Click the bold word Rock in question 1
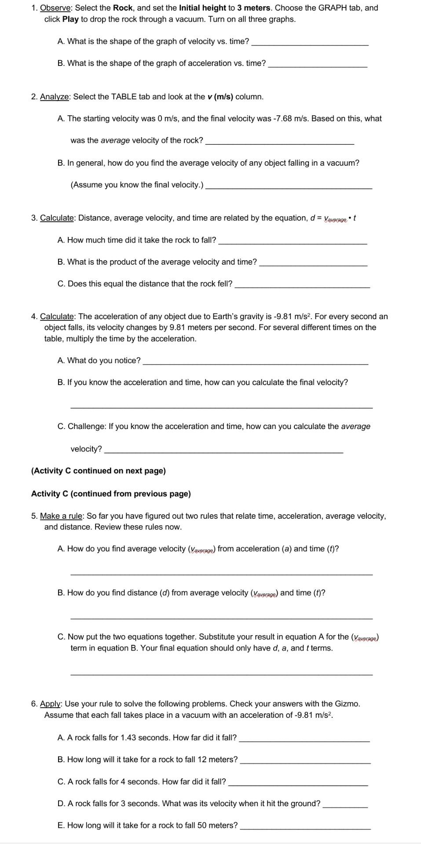[123, 8]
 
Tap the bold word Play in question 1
[70, 19]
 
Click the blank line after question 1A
[310, 44]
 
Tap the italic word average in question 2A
[115, 141]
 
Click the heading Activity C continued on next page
[99, 471]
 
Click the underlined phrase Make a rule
[60, 516]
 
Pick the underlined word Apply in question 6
[50, 704]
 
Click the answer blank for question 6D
[345, 807]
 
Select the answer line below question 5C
[221, 673]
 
